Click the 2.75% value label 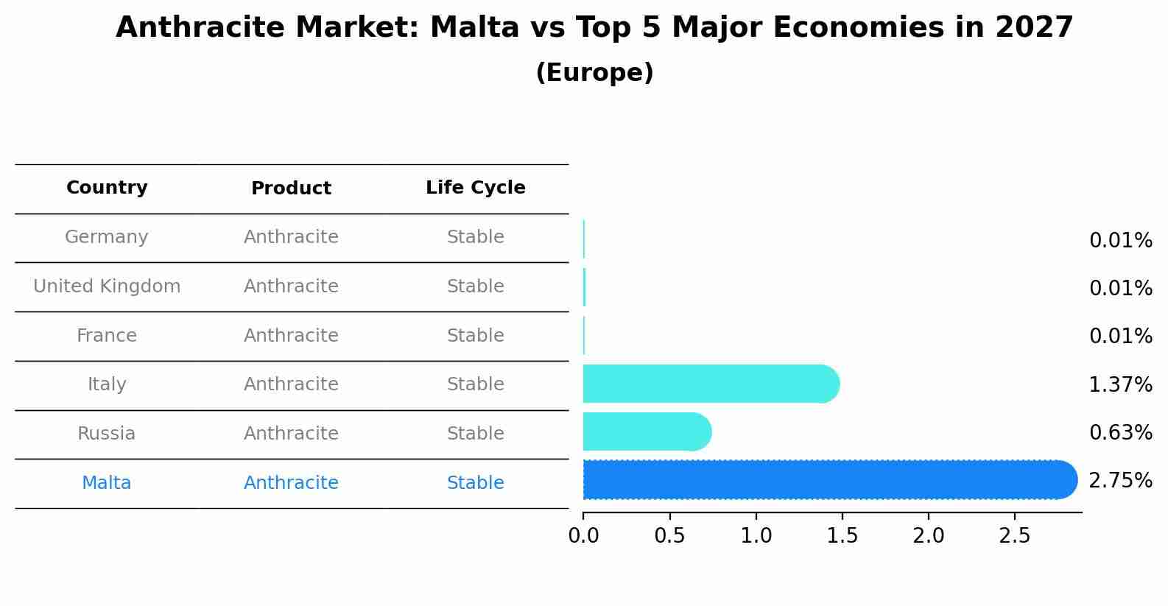(x=1120, y=481)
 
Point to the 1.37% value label (x=1120, y=384)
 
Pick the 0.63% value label (x=1120, y=433)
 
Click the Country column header (x=107, y=188)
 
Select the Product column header (x=291, y=189)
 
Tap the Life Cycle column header (x=475, y=188)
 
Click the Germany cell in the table (x=107, y=237)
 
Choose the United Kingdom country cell (x=107, y=286)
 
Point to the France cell (x=107, y=336)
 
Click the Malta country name (x=107, y=483)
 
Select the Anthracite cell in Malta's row (x=291, y=483)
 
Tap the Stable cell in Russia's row (x=475, y=434)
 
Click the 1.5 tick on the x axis (x=842, y=536)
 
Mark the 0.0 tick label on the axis (x=583, y=536)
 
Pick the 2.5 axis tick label (x=1014, y=536)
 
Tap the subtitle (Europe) (x=594, y=73)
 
